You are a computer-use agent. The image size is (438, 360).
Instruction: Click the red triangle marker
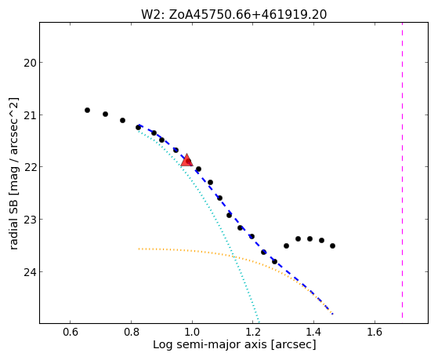pos(187,160)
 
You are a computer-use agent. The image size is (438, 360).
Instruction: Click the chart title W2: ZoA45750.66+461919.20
pos(233,14)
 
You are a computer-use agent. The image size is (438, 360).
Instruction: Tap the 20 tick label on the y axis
pos(29,63)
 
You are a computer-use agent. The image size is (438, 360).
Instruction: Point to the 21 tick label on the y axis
pos(29,115)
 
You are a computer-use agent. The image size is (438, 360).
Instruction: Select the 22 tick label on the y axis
pos(29,167)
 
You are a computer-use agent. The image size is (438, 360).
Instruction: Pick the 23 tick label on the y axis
pos(29,220)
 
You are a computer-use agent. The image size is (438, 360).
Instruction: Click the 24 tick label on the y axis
pos(29,272)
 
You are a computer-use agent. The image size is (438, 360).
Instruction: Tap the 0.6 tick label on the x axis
pos(70,332)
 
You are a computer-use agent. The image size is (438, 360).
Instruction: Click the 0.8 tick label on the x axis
pos(131,332)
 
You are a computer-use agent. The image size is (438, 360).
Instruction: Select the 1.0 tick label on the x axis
pos(192,332)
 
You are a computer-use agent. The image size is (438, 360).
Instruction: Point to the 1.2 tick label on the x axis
pos(253,332)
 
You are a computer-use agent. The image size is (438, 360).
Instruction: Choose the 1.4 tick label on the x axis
pos(313,332)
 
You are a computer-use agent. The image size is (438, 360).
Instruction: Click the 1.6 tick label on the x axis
pos(375,332)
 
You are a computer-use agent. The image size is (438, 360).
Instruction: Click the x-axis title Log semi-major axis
pos(210,344)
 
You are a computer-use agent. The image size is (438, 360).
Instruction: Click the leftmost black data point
pos(87,111)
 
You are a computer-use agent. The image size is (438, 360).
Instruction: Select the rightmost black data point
pos(332,245)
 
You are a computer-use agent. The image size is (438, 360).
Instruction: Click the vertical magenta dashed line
pos(402,170)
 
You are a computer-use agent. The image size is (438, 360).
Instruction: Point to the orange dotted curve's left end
pos(139,249)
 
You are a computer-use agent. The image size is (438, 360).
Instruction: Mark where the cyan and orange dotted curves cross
pos(234,256)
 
